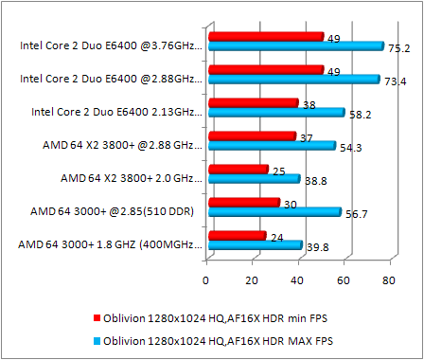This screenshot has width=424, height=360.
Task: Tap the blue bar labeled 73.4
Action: [293, 80]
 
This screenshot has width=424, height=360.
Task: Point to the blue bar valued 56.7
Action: [274, 212]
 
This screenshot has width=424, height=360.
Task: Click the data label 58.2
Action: [362, 114]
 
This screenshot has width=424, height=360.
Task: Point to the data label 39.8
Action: [318, 247]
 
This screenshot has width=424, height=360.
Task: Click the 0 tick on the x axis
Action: [206, 279]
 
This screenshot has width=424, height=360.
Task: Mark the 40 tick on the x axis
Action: [298, 279]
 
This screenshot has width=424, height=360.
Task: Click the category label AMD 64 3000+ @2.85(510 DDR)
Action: [112, 211]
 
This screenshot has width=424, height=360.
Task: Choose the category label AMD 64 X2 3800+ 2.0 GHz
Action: [131, 177]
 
